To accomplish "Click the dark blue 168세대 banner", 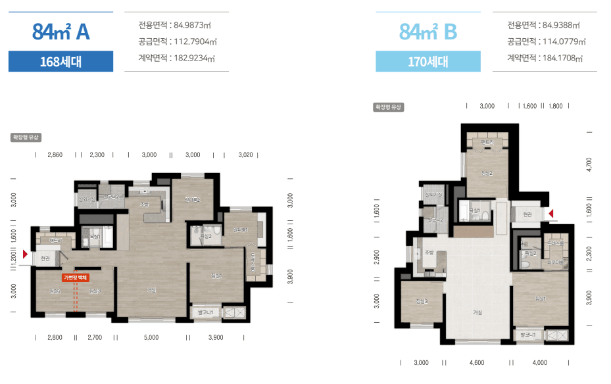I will [x=61, y=62].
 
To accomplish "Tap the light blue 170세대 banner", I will [x=428, y=62].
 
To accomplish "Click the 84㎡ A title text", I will [x=61, y=31].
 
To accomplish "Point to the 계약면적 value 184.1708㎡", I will [x=561, y=58].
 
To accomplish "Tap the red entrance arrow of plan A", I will [x=26, y=253].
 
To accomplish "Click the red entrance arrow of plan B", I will [x=552, y=213].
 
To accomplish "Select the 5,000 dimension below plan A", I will [x=151, y=337].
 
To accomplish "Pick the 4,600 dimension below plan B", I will [x=477, y=362].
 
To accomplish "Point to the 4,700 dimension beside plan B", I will [x=589, y=163].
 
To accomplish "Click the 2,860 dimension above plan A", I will [x=55, y=155].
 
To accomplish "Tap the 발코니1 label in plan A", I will [x=207, y=312].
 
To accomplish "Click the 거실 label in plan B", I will [x=477, y=312].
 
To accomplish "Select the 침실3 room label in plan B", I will [x=422, y=301].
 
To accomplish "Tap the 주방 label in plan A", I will [x=144, y=204].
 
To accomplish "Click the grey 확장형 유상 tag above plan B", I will [x=388, y=107].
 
